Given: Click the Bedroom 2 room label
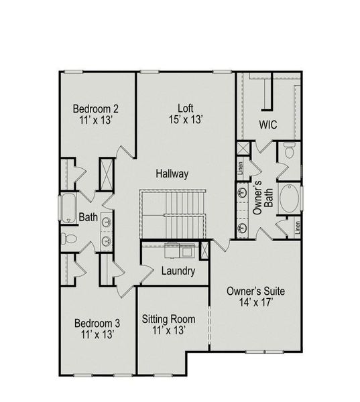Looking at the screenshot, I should click(x=96, y=109).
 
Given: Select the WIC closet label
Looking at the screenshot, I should click(x=269, y=125).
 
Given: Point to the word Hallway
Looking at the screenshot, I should click(x=172, y=174).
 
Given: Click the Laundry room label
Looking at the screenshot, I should click(x=178, y=271).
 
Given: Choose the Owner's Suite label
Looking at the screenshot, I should click(x=256, y=291).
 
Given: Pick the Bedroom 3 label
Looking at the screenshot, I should click(x=97, y=324).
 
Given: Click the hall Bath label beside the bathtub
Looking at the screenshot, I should click(x=88, y=217).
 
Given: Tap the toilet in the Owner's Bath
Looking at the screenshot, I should click(x=289, y=151).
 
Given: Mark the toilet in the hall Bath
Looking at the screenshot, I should click(x=67, y=239).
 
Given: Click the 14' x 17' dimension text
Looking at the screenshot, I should click(x=256, y=304).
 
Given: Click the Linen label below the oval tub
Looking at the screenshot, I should click(x=296, y=227).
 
